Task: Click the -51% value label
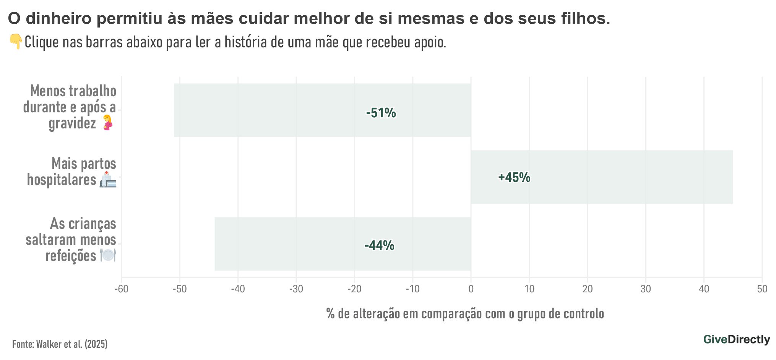point(381,113)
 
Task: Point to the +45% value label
point(514,177)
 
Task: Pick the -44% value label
point(379,245)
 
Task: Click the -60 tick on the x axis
point(122,289)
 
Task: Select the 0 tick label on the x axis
point(471,289)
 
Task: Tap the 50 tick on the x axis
point(762,289)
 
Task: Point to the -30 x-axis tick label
point(296,289)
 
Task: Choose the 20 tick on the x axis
point(588,289)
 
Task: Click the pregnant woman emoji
point(108,123)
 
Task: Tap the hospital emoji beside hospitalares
point(108,179)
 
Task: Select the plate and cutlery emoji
point(108,255)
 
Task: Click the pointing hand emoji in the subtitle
point(16,41)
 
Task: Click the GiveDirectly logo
point(736,339)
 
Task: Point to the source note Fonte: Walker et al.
point(60,344)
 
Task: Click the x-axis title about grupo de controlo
point(465,314)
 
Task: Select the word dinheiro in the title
point(61,18)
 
